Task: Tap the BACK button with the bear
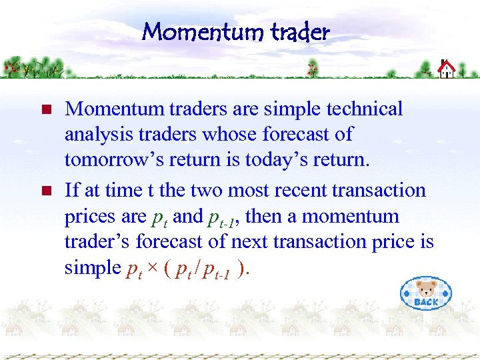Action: point(425,293)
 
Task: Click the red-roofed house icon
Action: point(446,68)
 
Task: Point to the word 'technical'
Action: point(361,109)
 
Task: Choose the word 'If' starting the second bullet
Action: point(71,191)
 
